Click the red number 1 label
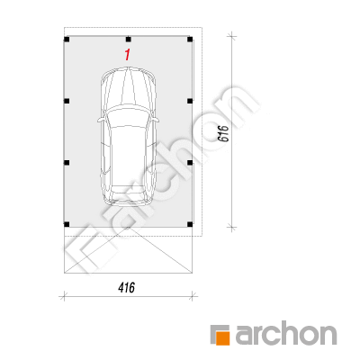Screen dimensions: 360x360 (128, 55)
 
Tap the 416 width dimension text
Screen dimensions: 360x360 (127, 288)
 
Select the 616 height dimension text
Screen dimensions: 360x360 (224, 133)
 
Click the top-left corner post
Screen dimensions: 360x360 (67, 39)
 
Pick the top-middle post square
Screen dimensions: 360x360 (129, 39)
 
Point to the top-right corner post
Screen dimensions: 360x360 (190, 39)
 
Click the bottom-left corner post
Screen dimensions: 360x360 (67, 224)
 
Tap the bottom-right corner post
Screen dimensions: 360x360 (190, 224)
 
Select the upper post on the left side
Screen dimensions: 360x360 (67, 101)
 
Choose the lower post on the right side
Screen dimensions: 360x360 (190, 163)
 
